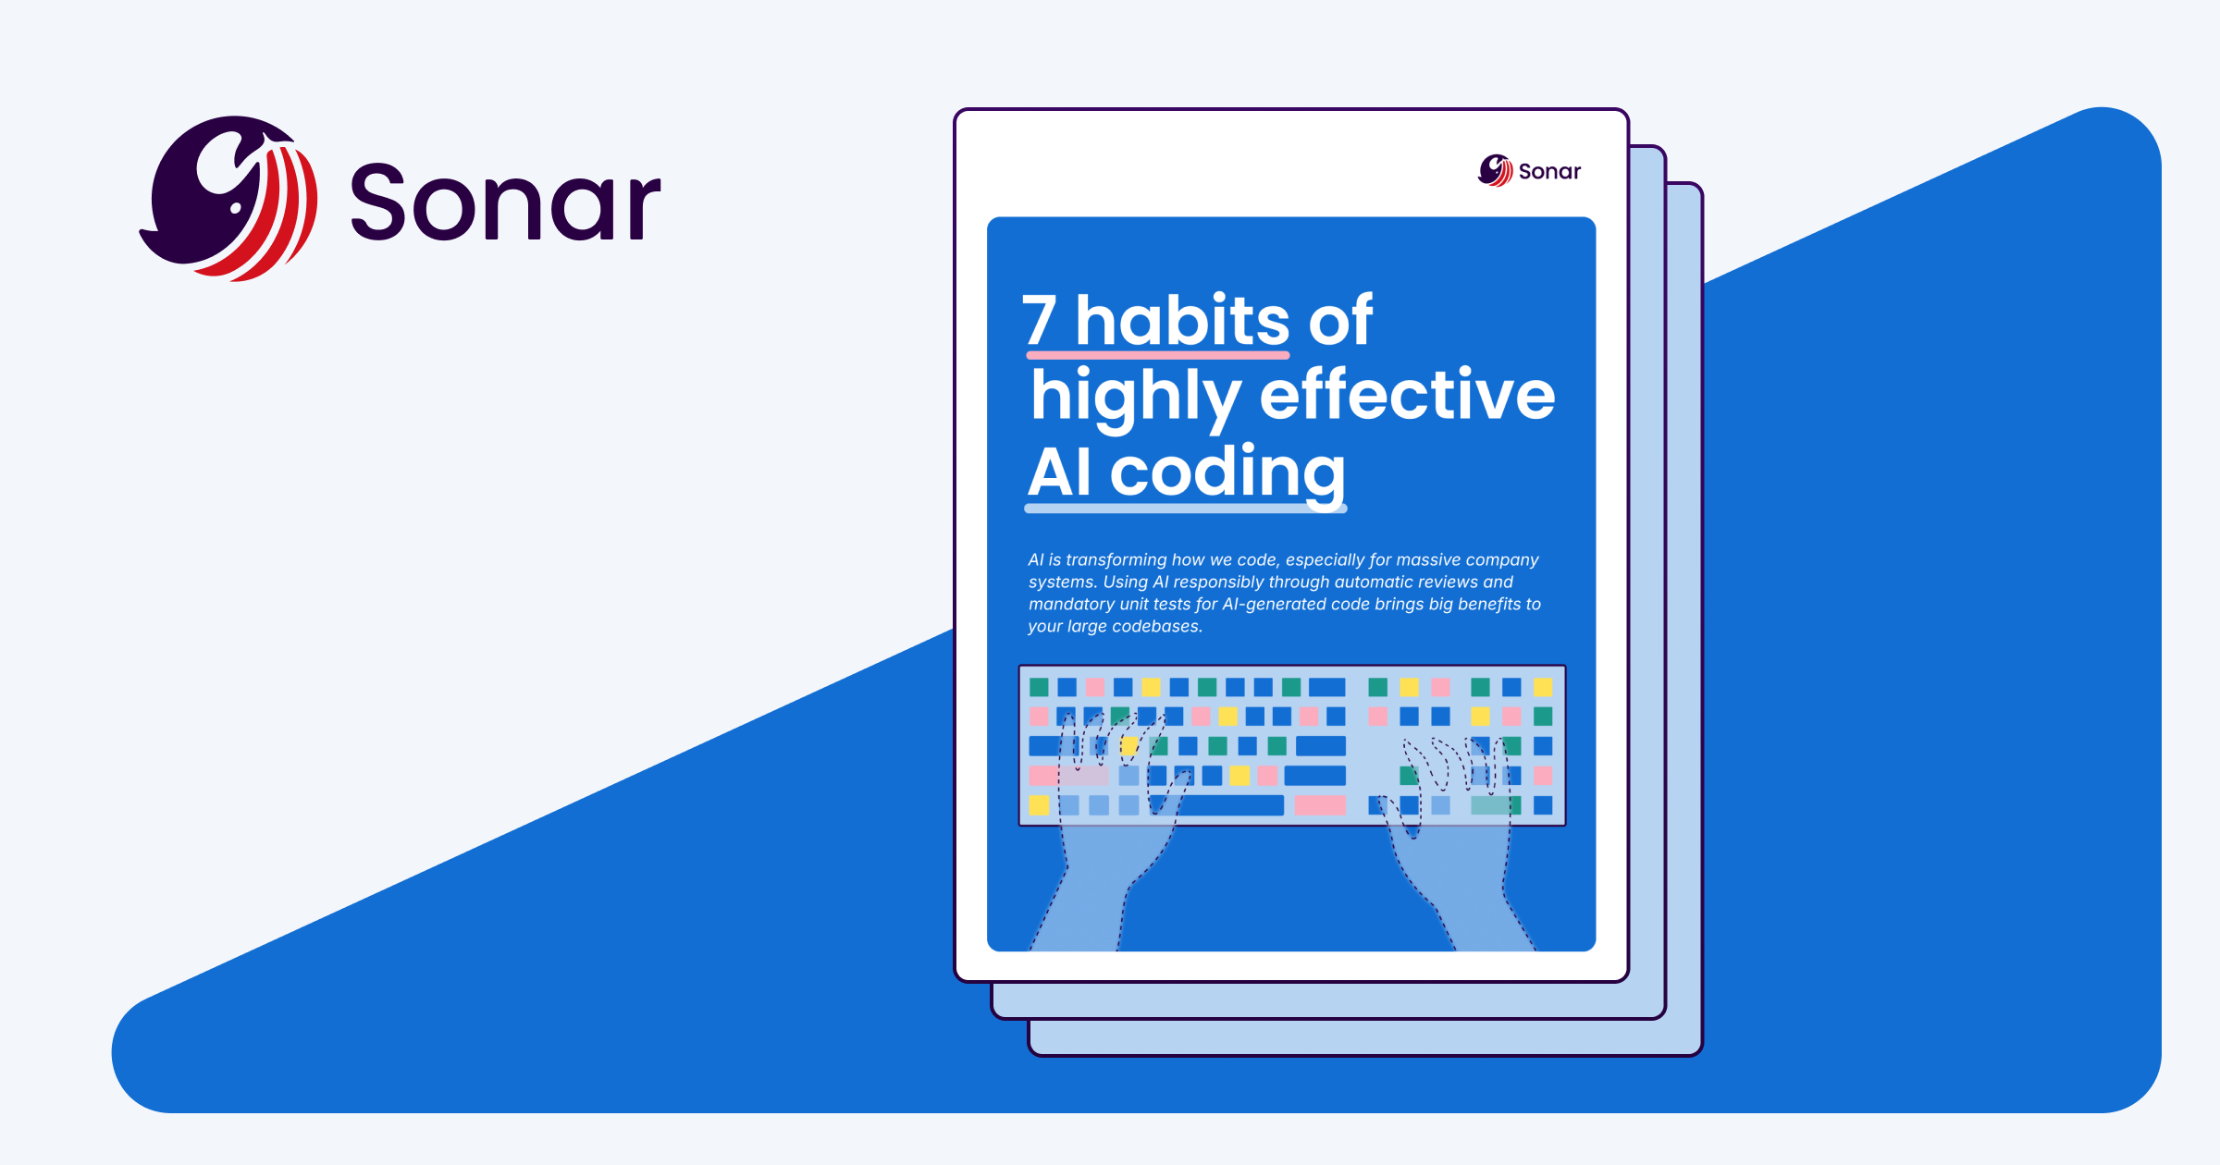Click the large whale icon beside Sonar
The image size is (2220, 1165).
click(229, 198)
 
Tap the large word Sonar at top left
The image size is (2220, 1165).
click(505, 202)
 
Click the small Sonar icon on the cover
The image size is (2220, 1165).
click(1495, 170)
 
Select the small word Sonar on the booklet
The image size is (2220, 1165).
click(1549, 172)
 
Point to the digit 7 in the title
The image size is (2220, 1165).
click(1040, 321)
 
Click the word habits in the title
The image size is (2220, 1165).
click(1182, 321)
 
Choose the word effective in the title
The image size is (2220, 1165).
click(1407, 396)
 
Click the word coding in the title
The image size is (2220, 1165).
click(1227, 473)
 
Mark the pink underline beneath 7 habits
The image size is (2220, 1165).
click(1157, 354)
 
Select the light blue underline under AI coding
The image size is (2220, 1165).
click(1185, 508)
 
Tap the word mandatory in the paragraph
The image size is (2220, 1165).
click(1072, 605)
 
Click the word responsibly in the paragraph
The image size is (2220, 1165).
click(1218, 582)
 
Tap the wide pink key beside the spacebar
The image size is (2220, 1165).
click(1320, 805)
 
